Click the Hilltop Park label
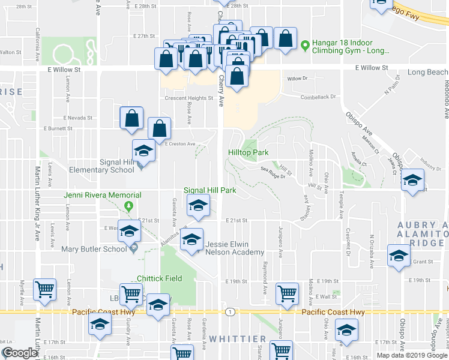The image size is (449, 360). coord(248,152)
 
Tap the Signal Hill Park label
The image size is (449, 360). coord(209,190)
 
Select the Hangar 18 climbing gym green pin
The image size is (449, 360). coord(305,44)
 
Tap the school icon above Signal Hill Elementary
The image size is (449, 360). coord(144,151)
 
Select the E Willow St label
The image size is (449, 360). coord(64,70)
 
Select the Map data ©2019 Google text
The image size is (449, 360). coord(411,355)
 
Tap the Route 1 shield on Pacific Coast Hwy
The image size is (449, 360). coord(230,311)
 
